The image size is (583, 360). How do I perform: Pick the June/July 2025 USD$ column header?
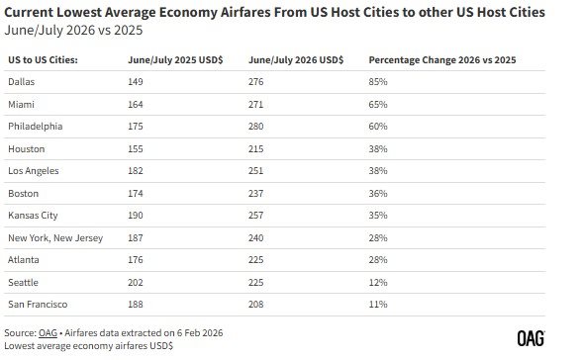coord(175,61)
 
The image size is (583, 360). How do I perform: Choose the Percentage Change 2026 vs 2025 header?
coord(441,61)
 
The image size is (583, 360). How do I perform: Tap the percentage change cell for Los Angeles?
coord(377,170)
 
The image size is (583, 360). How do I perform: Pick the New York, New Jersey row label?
coord(54,237)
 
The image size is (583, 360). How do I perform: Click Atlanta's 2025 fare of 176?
coord(137,259)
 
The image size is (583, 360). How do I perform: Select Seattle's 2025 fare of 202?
coord(137,281)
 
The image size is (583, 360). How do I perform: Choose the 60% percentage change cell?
coord(377,127)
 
